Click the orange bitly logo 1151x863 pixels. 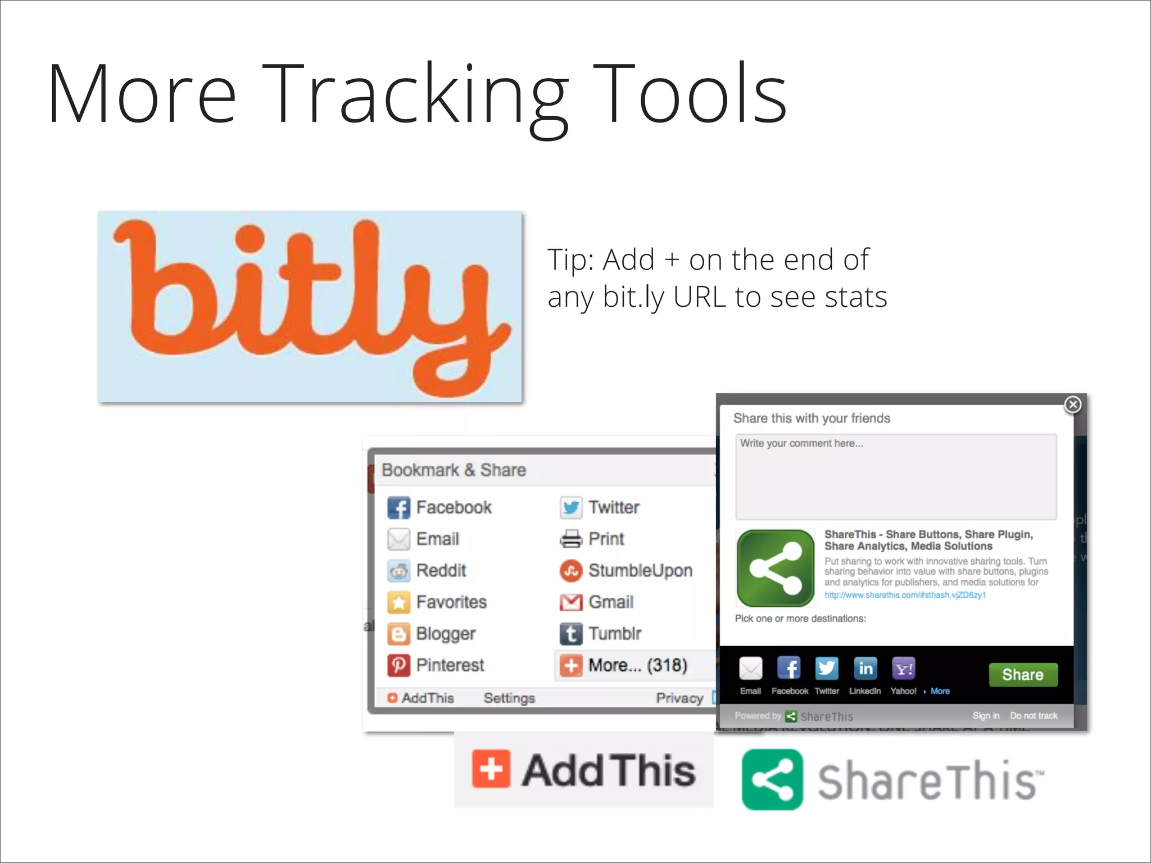[x=310, y=306]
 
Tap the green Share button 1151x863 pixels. [x=1022, y=674]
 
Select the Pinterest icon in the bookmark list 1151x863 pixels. [x=398, y=665]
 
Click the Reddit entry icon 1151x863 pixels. [x=398, y=571]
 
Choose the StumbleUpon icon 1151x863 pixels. [x=571, y=571]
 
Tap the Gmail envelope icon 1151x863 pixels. [x=571, y=602]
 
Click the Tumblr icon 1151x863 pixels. [x=571, y=634]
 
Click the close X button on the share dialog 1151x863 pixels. [x=1072, y=405]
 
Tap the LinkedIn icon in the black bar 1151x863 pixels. [x=865, y=668]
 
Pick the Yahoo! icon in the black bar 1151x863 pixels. [x=903, y=668]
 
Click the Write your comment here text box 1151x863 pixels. [x=896, y=476]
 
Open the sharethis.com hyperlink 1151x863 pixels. [x=905, y=595]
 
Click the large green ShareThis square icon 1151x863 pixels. [x=776, y=569]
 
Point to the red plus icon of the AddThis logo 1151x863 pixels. [x=491, y=769]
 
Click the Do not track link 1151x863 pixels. [x=1034, y=715]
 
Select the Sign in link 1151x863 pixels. [x=986, y=715]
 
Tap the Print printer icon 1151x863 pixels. [x=571, y=539]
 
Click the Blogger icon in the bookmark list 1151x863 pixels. [x=398, y=634]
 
